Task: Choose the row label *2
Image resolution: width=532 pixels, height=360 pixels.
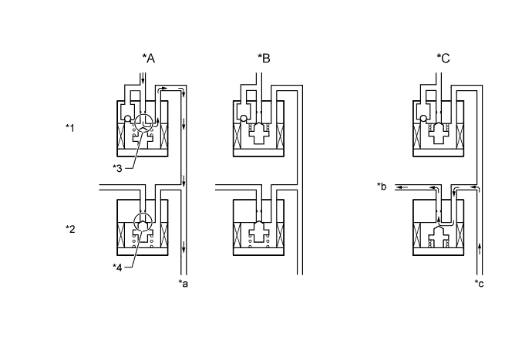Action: [x=71, y=228]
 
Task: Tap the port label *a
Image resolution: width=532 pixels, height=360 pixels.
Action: [x=184, y=284]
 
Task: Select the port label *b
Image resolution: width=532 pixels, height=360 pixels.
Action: [x=382, y=186]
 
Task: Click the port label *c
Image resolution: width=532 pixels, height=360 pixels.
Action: [x=480, y=284]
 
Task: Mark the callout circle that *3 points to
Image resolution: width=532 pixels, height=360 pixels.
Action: [x=143, y=123]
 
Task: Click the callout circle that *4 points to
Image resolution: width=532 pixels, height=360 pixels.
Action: [x=143, y=222]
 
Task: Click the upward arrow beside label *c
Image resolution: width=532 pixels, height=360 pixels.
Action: [x=480, y=247]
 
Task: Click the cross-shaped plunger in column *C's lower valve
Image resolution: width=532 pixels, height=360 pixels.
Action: [x=438, y=234]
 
